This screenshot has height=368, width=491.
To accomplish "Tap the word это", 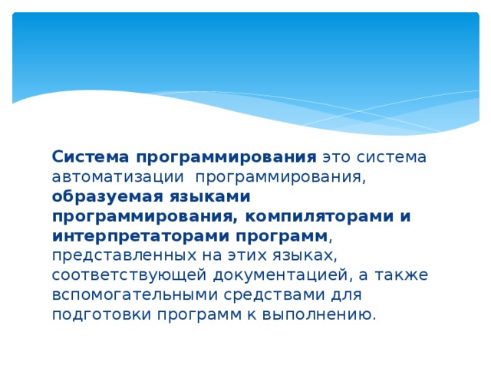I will pos(336,157).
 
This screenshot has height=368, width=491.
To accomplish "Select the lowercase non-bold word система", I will pos(393,157).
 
